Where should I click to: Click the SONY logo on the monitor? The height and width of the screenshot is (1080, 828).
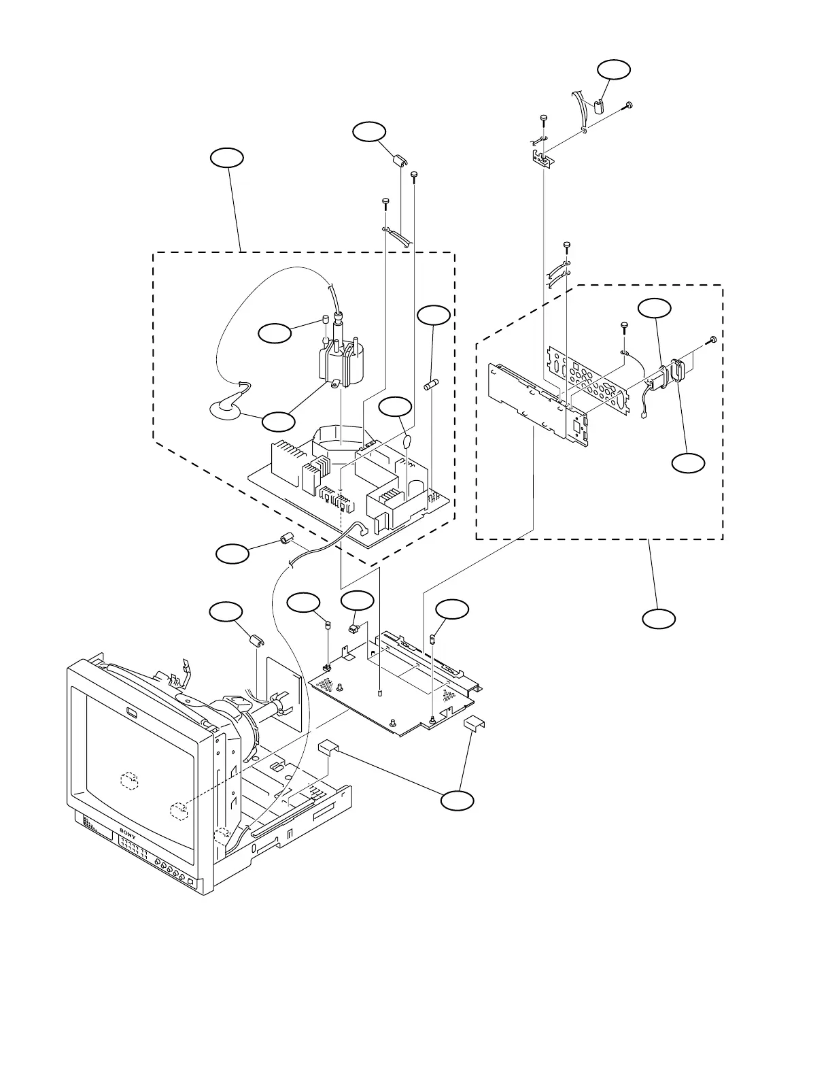[x=128, y=831]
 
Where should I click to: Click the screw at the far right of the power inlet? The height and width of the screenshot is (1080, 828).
[x=712, y=339]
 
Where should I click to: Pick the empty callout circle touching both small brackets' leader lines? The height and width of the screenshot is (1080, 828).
[x=457, y=800]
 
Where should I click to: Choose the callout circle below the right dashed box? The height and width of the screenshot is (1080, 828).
[x=659, y=618]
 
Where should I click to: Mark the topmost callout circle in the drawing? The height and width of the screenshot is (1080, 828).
[x=613, y=69]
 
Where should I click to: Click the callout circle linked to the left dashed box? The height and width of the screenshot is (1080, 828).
[x=227, y=158]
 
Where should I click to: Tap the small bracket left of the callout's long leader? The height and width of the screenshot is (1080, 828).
[x=328, y=747]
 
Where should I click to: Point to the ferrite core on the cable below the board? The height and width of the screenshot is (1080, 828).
[x=287, y=541]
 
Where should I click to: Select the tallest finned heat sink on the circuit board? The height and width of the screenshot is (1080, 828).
[x=286, y=462]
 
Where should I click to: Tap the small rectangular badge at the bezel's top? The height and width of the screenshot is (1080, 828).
[x=132, y=712]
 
